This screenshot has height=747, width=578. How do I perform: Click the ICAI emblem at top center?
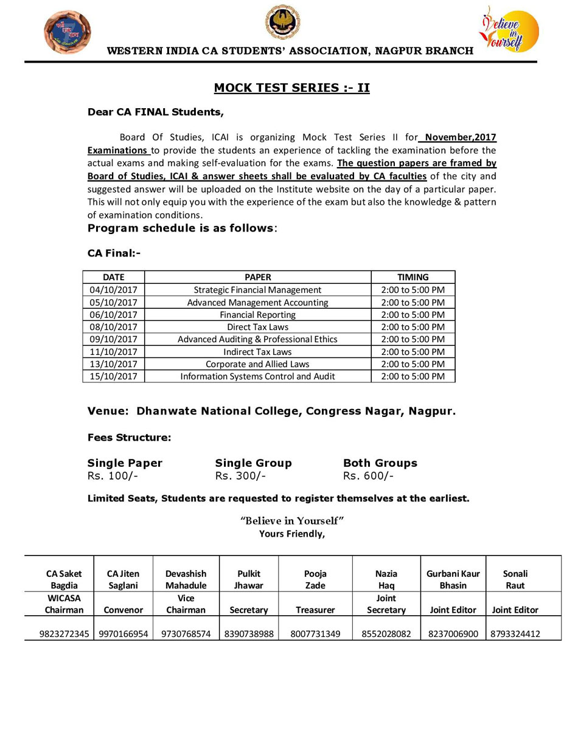tap(282, 22)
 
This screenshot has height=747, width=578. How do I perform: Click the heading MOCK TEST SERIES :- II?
tap(291, 88)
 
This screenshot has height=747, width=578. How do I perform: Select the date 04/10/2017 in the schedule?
tap(113, 290)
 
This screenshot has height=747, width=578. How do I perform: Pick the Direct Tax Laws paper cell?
tap(257, 327)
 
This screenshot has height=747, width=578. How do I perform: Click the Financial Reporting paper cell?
tap(257, 315)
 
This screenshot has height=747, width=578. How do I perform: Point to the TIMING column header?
tap(413, 277)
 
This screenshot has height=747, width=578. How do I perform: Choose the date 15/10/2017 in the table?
tap(113, 376)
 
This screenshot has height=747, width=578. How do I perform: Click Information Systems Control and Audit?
tap(257, 376)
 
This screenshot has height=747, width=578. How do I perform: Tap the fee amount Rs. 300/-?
tap(240, 476)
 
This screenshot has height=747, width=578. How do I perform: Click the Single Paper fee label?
tap(125, 463)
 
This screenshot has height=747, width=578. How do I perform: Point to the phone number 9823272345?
tap(64, 634)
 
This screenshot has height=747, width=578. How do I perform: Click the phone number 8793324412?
tap(515, 634)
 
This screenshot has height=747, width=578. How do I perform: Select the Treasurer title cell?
tap(315, 610)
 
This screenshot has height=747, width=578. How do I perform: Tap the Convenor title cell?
tap(124, 610)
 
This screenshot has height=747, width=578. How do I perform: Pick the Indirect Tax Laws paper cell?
tap(257, 351)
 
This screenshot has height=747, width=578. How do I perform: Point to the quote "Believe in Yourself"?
tap(292, 521)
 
